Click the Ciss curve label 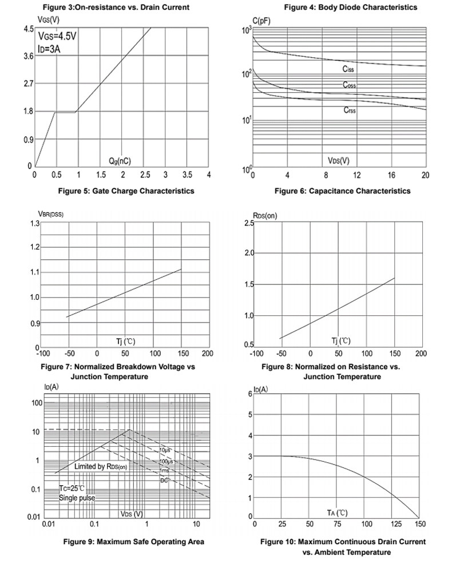[x=348, y=69]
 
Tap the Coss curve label [x=350, y=85]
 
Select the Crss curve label [x=350, y=110]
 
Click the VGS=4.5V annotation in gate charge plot [x=57, y=36]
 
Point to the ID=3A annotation [x=49, y=49]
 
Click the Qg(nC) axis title [x=120, y=161]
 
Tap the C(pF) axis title [x=261, y=21]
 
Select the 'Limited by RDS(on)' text [x=101, y=466]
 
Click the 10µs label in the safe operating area [x=165, y=450]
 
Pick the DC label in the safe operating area [x=164, y=480]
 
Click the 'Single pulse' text [x=77, y=498]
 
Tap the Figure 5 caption [x=126, y=191]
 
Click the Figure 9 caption [x=134, y=542]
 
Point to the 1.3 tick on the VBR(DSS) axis [x=35, y=223]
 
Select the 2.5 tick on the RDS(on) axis [x=249, y=223]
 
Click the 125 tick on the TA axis [x=396, y=524]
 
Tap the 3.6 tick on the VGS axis [x=29, y=56]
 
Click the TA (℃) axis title [x=338, y=513]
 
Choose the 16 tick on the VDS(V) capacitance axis [x=391, y=176]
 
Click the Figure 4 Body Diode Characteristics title [x=350, y=7]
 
